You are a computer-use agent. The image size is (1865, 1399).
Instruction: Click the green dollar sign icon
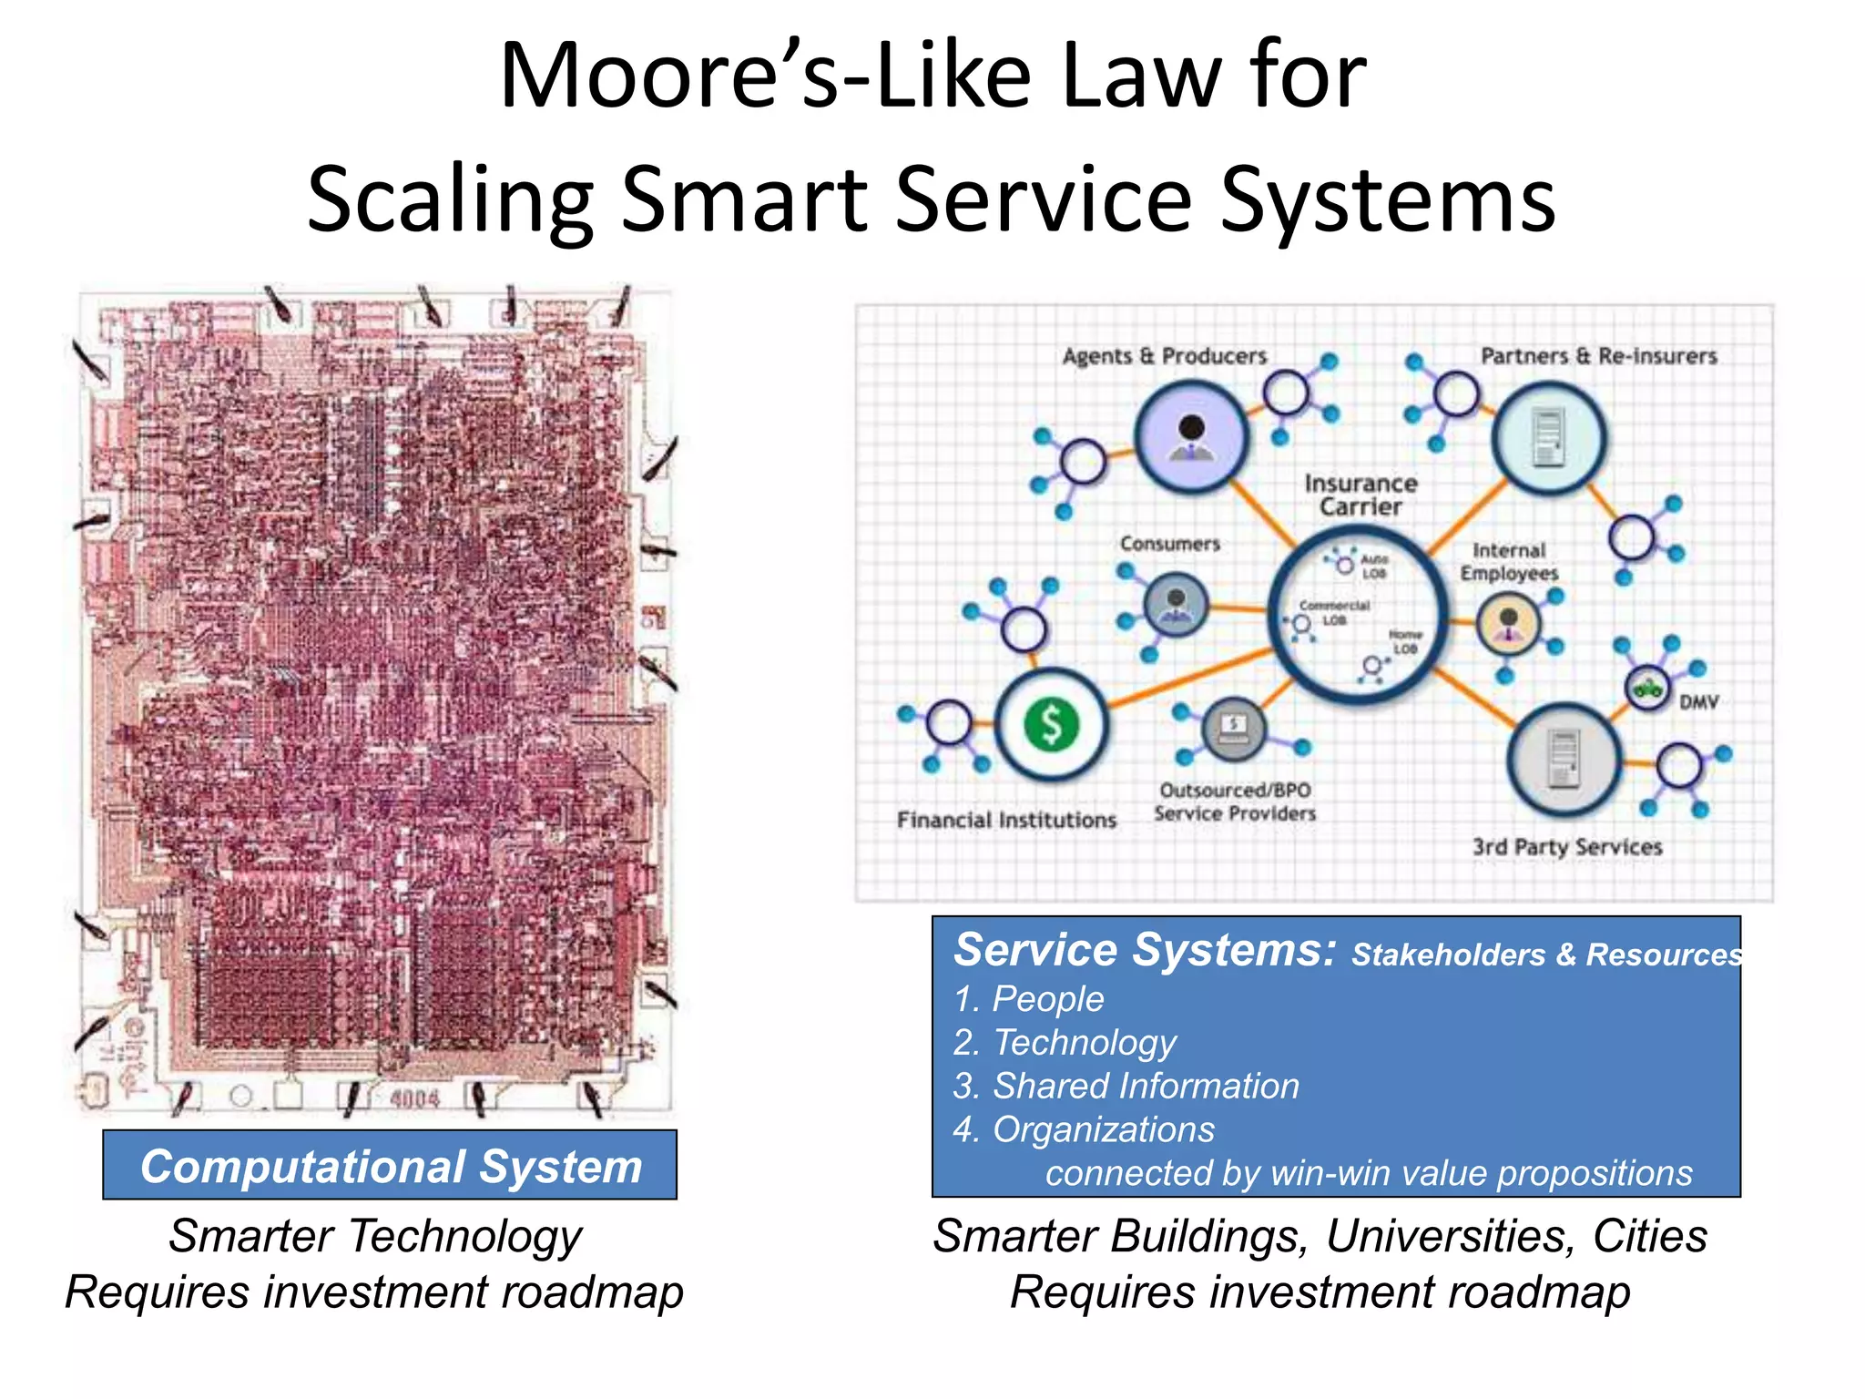coord(1052,725)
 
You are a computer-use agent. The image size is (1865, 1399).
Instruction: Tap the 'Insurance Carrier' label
coord(1361,495)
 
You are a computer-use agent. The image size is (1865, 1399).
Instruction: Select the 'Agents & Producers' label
coord(1164,356)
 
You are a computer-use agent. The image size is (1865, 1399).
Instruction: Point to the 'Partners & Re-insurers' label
coord(1598,356)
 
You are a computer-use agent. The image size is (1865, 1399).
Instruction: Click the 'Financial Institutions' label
coord(1006,820)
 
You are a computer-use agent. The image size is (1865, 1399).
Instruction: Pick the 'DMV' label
coord(1698,702)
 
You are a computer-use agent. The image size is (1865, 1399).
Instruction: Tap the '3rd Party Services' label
coord(1567,847)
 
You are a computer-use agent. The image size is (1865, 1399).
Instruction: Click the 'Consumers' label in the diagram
coord(1169,544)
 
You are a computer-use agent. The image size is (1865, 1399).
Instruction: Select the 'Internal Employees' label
coord(1509,562)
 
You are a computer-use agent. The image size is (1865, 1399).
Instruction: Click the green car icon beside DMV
coord(1647,686)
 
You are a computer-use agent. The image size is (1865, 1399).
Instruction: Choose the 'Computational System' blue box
coord(390,1166)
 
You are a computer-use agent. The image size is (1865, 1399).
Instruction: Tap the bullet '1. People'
coord(1028,999)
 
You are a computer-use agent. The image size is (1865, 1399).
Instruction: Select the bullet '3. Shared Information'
coord(1126,1086)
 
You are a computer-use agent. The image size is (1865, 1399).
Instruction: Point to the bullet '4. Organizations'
coord(1084,1129)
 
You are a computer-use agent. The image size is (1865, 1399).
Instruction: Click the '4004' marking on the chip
coord(414,1098)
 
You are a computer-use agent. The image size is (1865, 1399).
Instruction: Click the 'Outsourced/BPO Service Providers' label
coord(1235,802)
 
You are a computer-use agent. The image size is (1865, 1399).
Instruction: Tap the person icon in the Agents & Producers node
coord(1191,436)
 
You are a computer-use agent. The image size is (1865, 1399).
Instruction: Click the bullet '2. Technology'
coord(1065,1042)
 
